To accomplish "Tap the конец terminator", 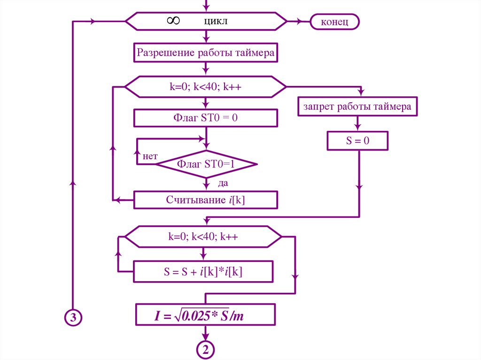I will click(x=334, y=22).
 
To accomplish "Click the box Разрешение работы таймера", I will click(x=205, y=53).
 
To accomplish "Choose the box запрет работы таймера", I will click(x=357, y=107).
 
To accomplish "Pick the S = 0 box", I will click(x=358, y=140).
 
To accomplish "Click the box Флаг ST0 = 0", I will click(x=205, y=118).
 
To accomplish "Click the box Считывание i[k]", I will click(x=205, y=199).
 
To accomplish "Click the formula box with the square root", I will click(x=205, y=315).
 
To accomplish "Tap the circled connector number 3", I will click(x=73, y=318).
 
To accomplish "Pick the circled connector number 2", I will click(x=205, y=350).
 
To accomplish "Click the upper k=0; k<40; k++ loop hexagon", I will click(x=205, y=87).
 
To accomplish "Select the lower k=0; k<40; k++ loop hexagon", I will click(x=203, y=237).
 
